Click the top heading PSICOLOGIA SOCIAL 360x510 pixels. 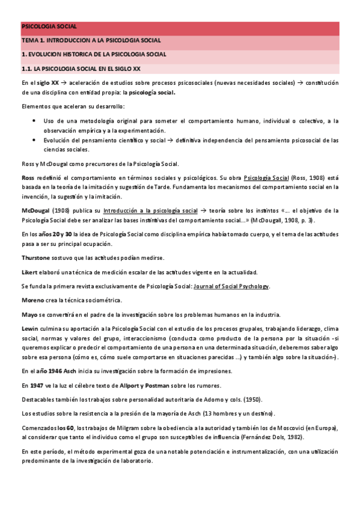[x=49, y=27]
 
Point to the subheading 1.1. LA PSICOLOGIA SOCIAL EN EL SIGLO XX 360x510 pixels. [x=81, y=69]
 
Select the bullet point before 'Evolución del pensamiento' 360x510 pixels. [x=34, y=140]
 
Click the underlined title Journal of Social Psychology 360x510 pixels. [x=231, y=286]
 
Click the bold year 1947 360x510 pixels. [x=37, y=385]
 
